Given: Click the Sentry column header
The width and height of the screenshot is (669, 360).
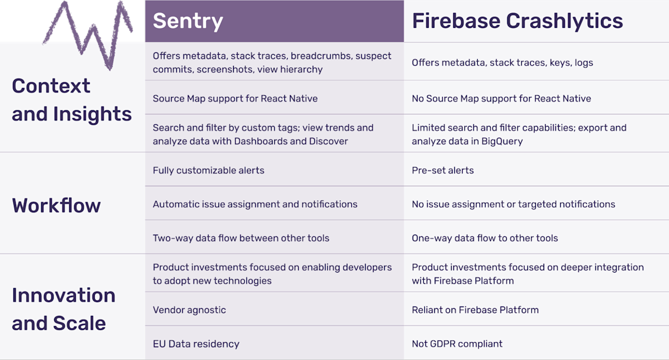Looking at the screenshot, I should pyautogui.click(x=188, y=21).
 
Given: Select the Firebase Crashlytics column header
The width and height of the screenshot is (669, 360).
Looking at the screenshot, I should pyautogui.click(x=517, y=21).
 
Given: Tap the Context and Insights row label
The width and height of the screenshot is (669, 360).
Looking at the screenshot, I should pyautogui.click(x=71, y=100).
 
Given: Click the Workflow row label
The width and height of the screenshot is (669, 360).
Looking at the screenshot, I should pyautogui.click(x=56, y=205).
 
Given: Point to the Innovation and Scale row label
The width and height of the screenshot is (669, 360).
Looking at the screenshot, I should pyautogui.click(x=64, y=309).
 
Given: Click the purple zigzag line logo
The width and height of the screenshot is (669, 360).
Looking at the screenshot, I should pyautogui.click(x=89, y=31).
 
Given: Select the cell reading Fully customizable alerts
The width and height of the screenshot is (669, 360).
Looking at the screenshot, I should pyautogui.click(x=209, y=170).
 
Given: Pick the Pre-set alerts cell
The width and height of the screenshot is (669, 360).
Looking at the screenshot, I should pyautogui.click(x=443, y=170).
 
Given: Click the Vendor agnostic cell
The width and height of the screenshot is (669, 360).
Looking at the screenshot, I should pyautogui.click(x=189, y=310).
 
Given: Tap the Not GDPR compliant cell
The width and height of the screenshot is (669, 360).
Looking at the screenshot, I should pyautogui.click(x=457, y=344).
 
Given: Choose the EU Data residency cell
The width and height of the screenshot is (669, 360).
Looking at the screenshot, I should pyautogui.click(x=196, y=344).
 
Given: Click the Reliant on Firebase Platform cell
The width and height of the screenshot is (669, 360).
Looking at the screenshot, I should pyautogui.click(x=475, y=310).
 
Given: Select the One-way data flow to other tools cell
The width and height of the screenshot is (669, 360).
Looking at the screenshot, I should pyautogui.click(x=484, y=238).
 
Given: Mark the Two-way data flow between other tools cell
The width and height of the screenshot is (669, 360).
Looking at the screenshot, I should pyautogui.click(x=241, y=238).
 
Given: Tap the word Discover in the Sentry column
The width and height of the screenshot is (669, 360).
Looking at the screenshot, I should pyautogui.click(x=328, y=141).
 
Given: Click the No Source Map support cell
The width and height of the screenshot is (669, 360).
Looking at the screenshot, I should pyautogui.click(x=501, y=99).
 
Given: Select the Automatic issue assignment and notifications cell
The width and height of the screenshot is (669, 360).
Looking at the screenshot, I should pyautogui.click(x=255, y=204).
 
